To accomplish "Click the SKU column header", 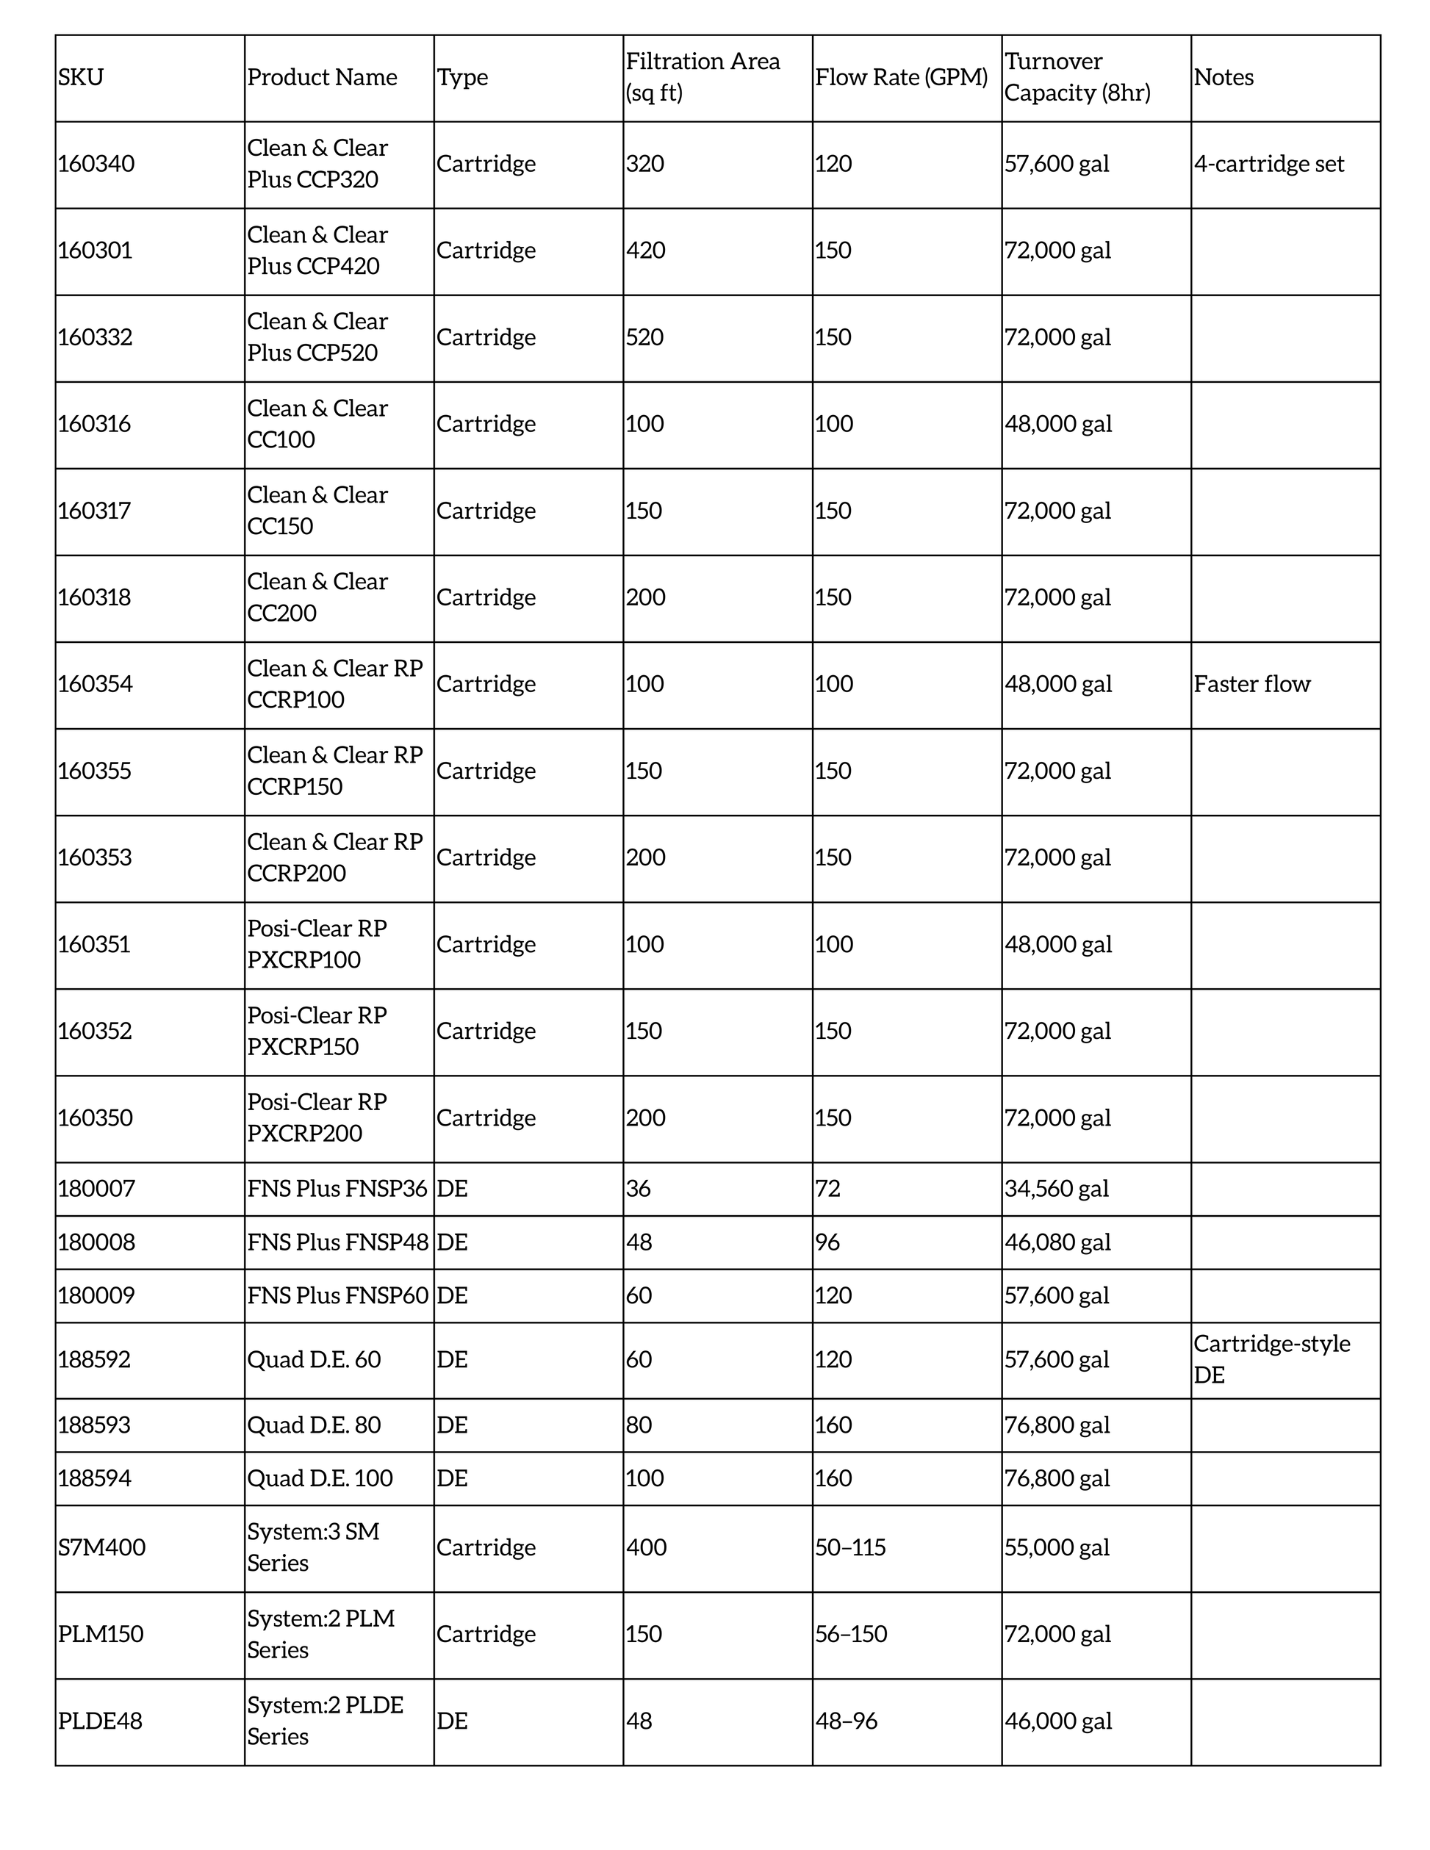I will click(82, 78).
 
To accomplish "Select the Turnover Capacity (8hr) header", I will click(1077, 78).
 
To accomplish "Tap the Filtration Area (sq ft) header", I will click(703, 78).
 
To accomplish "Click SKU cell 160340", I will click(96, 165).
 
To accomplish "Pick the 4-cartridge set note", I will click(1268, 165).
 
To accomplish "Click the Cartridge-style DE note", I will click(1271, 1358).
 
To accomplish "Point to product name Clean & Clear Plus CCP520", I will click(317, 337).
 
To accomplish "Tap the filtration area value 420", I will click(645, 251).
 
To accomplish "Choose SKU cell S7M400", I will click(101, 1547).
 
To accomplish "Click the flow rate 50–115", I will click(849, 1547).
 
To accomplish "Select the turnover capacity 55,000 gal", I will click(1057, 1547).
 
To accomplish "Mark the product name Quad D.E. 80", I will click(314, 1425).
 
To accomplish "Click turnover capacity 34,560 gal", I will click(1057, 1189).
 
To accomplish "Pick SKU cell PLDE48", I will click(100, 1721).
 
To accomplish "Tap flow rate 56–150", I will click(850, 1634).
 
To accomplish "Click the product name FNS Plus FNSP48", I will click(338, 1242).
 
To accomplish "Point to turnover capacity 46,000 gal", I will click(1057, 1721).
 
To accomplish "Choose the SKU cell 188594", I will click(94, 1478).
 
